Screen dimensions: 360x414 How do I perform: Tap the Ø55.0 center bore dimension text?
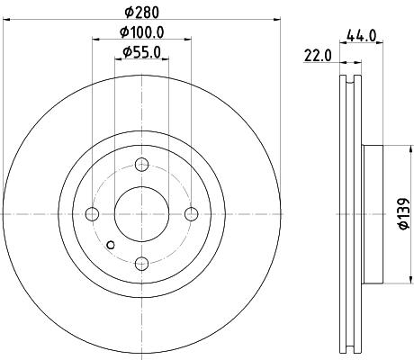pos(141,53)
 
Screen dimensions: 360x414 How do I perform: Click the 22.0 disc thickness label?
pos(319,56)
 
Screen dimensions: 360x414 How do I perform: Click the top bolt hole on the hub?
pos(141,165)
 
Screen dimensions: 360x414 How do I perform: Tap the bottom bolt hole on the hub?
pos(141,263)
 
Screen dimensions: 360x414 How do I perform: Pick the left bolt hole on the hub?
pos(92,214)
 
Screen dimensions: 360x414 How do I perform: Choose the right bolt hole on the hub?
pos(191,214)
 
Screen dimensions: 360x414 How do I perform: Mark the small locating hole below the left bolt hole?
pos(110,244)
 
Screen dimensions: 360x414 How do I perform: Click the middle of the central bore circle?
pos(141,214)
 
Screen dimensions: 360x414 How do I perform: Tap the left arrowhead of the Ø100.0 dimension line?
pos(94,40)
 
